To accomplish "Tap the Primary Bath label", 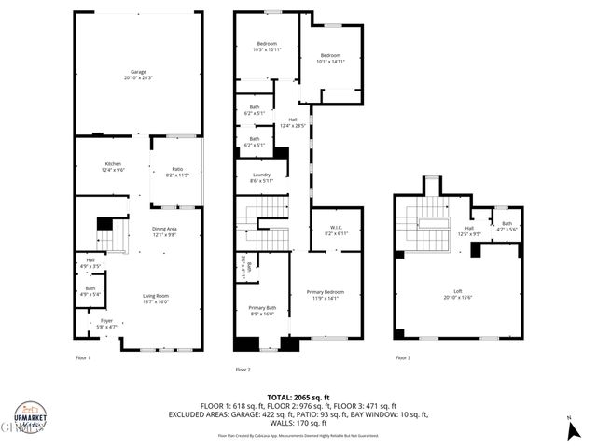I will [262, 311].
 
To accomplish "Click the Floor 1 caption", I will [83, 357].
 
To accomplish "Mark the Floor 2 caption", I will [243, 369].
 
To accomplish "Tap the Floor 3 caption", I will [402, 357].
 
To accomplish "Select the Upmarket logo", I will [30, 417].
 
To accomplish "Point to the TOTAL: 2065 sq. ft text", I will [298, 397].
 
